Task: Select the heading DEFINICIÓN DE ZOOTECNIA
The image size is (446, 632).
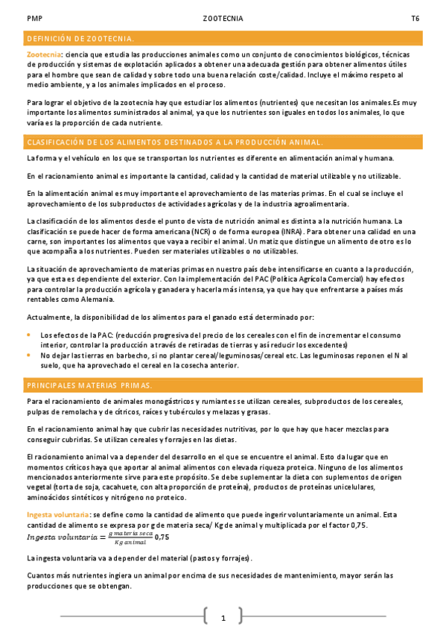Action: tap(80, 38)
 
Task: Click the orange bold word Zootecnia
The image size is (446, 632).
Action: tap(43, 55)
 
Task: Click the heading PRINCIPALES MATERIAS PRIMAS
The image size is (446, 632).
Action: tap(89, 385)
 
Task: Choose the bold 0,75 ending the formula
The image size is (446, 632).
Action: tap(162, 537)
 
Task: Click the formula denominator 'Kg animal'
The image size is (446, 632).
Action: tap(130, 541)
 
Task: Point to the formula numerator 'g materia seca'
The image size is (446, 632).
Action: tap(130, 532)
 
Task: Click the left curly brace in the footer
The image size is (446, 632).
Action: tap(206, 617)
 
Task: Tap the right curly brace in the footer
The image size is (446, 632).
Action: tap(240, 617)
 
